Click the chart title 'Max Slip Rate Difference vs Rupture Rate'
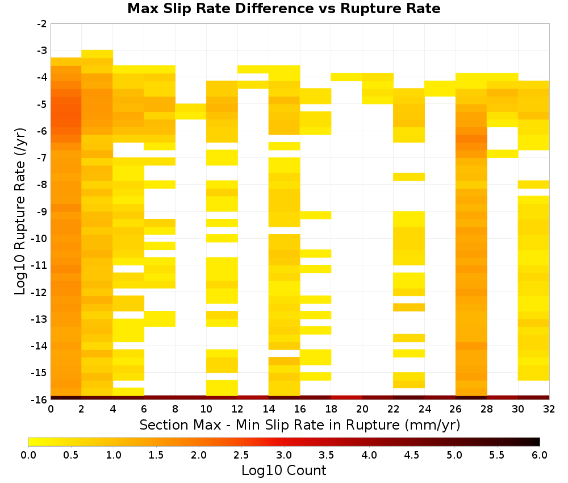(x=283, y=9)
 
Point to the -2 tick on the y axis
(x=42, y=24)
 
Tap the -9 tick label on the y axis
(x=42, y=211)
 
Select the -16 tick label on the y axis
(x=40, y=399)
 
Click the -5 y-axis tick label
(x=42, y=105)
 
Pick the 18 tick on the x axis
(x=331, y=409)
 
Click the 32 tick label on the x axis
(x=549, y=409)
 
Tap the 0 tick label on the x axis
(x=51, y=409)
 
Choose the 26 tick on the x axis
(x=456, y=409)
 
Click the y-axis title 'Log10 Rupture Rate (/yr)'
(x=20, y=211)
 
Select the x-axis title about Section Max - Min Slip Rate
(x=300, y=424)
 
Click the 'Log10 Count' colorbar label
(x=284, y=470)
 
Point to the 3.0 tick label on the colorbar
(x=284, y=455)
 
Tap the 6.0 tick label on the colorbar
(x=540, y=455)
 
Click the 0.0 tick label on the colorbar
(x=28, y=455)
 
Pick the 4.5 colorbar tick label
(x=412, y=455)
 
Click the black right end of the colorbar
(x=538, y=442)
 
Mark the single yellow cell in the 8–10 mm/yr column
(x=191, y=111)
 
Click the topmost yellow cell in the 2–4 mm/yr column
(x=98, y=54)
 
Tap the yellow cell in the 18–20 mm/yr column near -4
(x=346, y=77)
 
